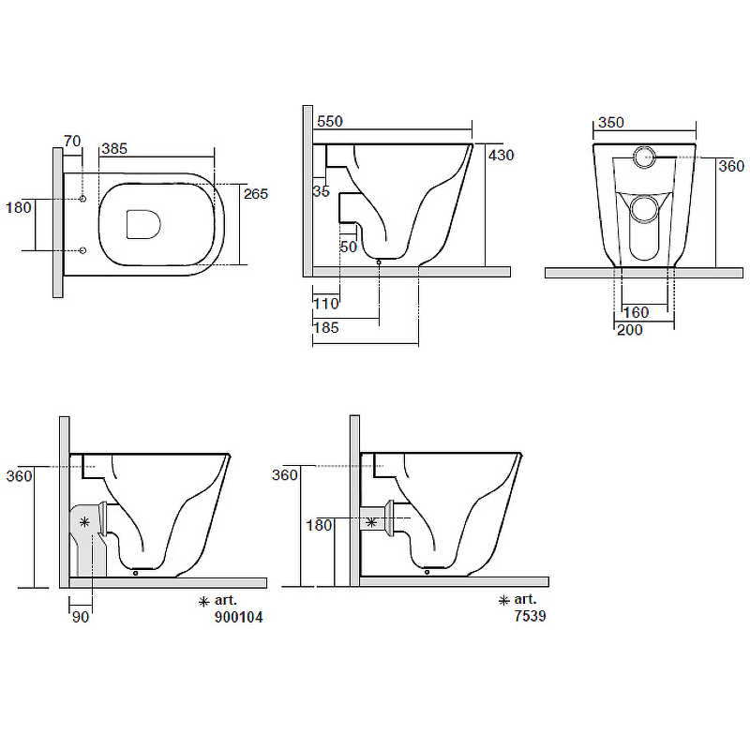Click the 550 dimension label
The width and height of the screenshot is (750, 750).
click(330, 122)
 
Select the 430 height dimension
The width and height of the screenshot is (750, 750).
click(502, 155)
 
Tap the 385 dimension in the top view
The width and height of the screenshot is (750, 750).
click(114, 149)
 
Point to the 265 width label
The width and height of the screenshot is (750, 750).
click(256, 194)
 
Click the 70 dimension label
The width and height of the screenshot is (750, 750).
click(72, 142)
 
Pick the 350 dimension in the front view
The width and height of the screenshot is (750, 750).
click(611, 123)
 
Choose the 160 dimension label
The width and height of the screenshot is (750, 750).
click(637, 312)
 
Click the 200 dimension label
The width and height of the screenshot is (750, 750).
click(630, 330)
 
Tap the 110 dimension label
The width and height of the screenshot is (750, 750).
click(326, 303)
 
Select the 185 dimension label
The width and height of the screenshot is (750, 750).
click(326, 327)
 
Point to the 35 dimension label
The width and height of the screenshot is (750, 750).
click(322, 191)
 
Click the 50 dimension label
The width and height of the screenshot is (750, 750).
click(349, 247)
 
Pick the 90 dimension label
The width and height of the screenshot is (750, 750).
click(81, 617)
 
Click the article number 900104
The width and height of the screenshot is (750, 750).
click(239, 617)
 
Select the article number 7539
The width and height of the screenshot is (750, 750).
click(530, 616)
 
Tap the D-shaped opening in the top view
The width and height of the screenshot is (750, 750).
click(143, 224)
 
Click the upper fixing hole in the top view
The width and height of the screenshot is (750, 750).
click(82, 199)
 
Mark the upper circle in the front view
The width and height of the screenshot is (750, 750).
click(644, 157)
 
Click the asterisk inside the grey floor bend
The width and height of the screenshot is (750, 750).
click(84, 522)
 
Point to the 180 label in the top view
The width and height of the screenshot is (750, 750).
click(18, 207)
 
